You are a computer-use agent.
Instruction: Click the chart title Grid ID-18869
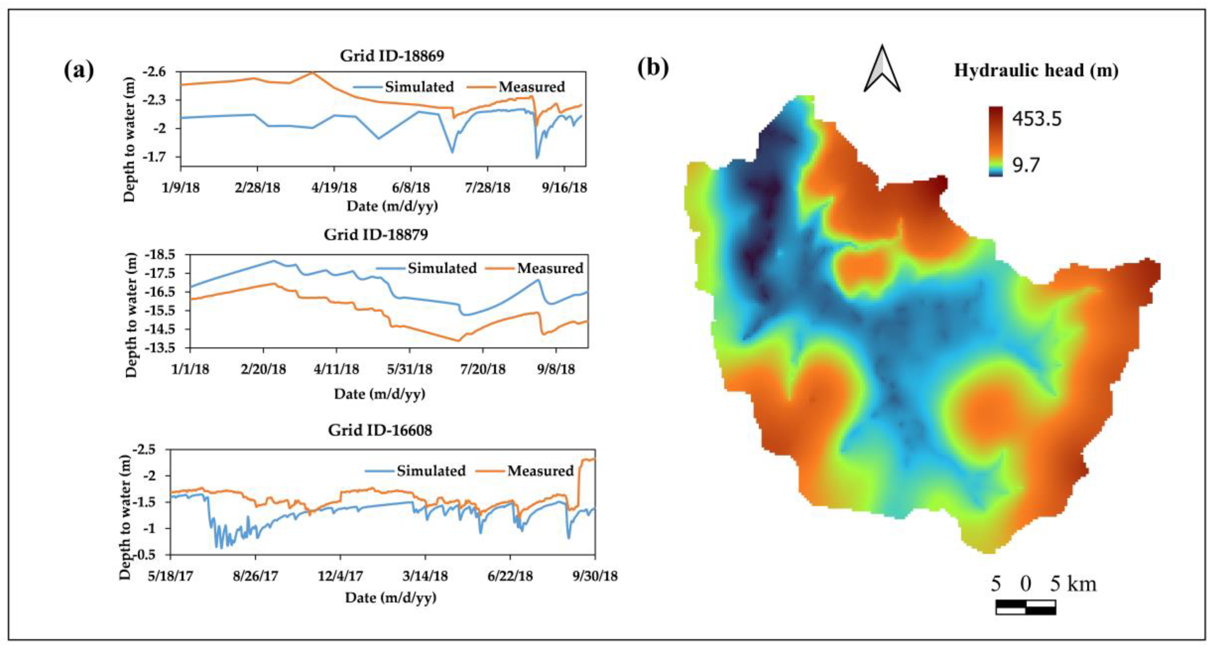pyautogui.click(x=392, y=56)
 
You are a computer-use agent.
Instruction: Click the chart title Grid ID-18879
pyautogui.click(x=376, y=235)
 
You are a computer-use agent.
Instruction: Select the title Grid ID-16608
pyautogui.click(x=380, y=430)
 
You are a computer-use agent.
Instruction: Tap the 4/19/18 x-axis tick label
pyautogui.click(x=334, y=188)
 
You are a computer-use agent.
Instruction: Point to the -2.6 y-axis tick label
pyautogui.click(x=155, y=72)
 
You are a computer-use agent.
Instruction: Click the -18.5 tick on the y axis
pyautogui.click(x=159, y=255)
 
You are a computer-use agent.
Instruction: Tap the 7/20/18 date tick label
pyautogui.click(x=483, y=369)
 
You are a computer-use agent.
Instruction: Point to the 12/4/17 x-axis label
pyautogui.click(x=340, y=576)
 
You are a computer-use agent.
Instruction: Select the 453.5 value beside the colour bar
pyautogui.click(x=1037, y=118)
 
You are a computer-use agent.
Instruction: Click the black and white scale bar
pyautogui.click(x=1025, y=607)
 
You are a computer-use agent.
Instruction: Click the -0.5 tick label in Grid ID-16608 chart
pyautogui.click(x=144, y=555)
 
